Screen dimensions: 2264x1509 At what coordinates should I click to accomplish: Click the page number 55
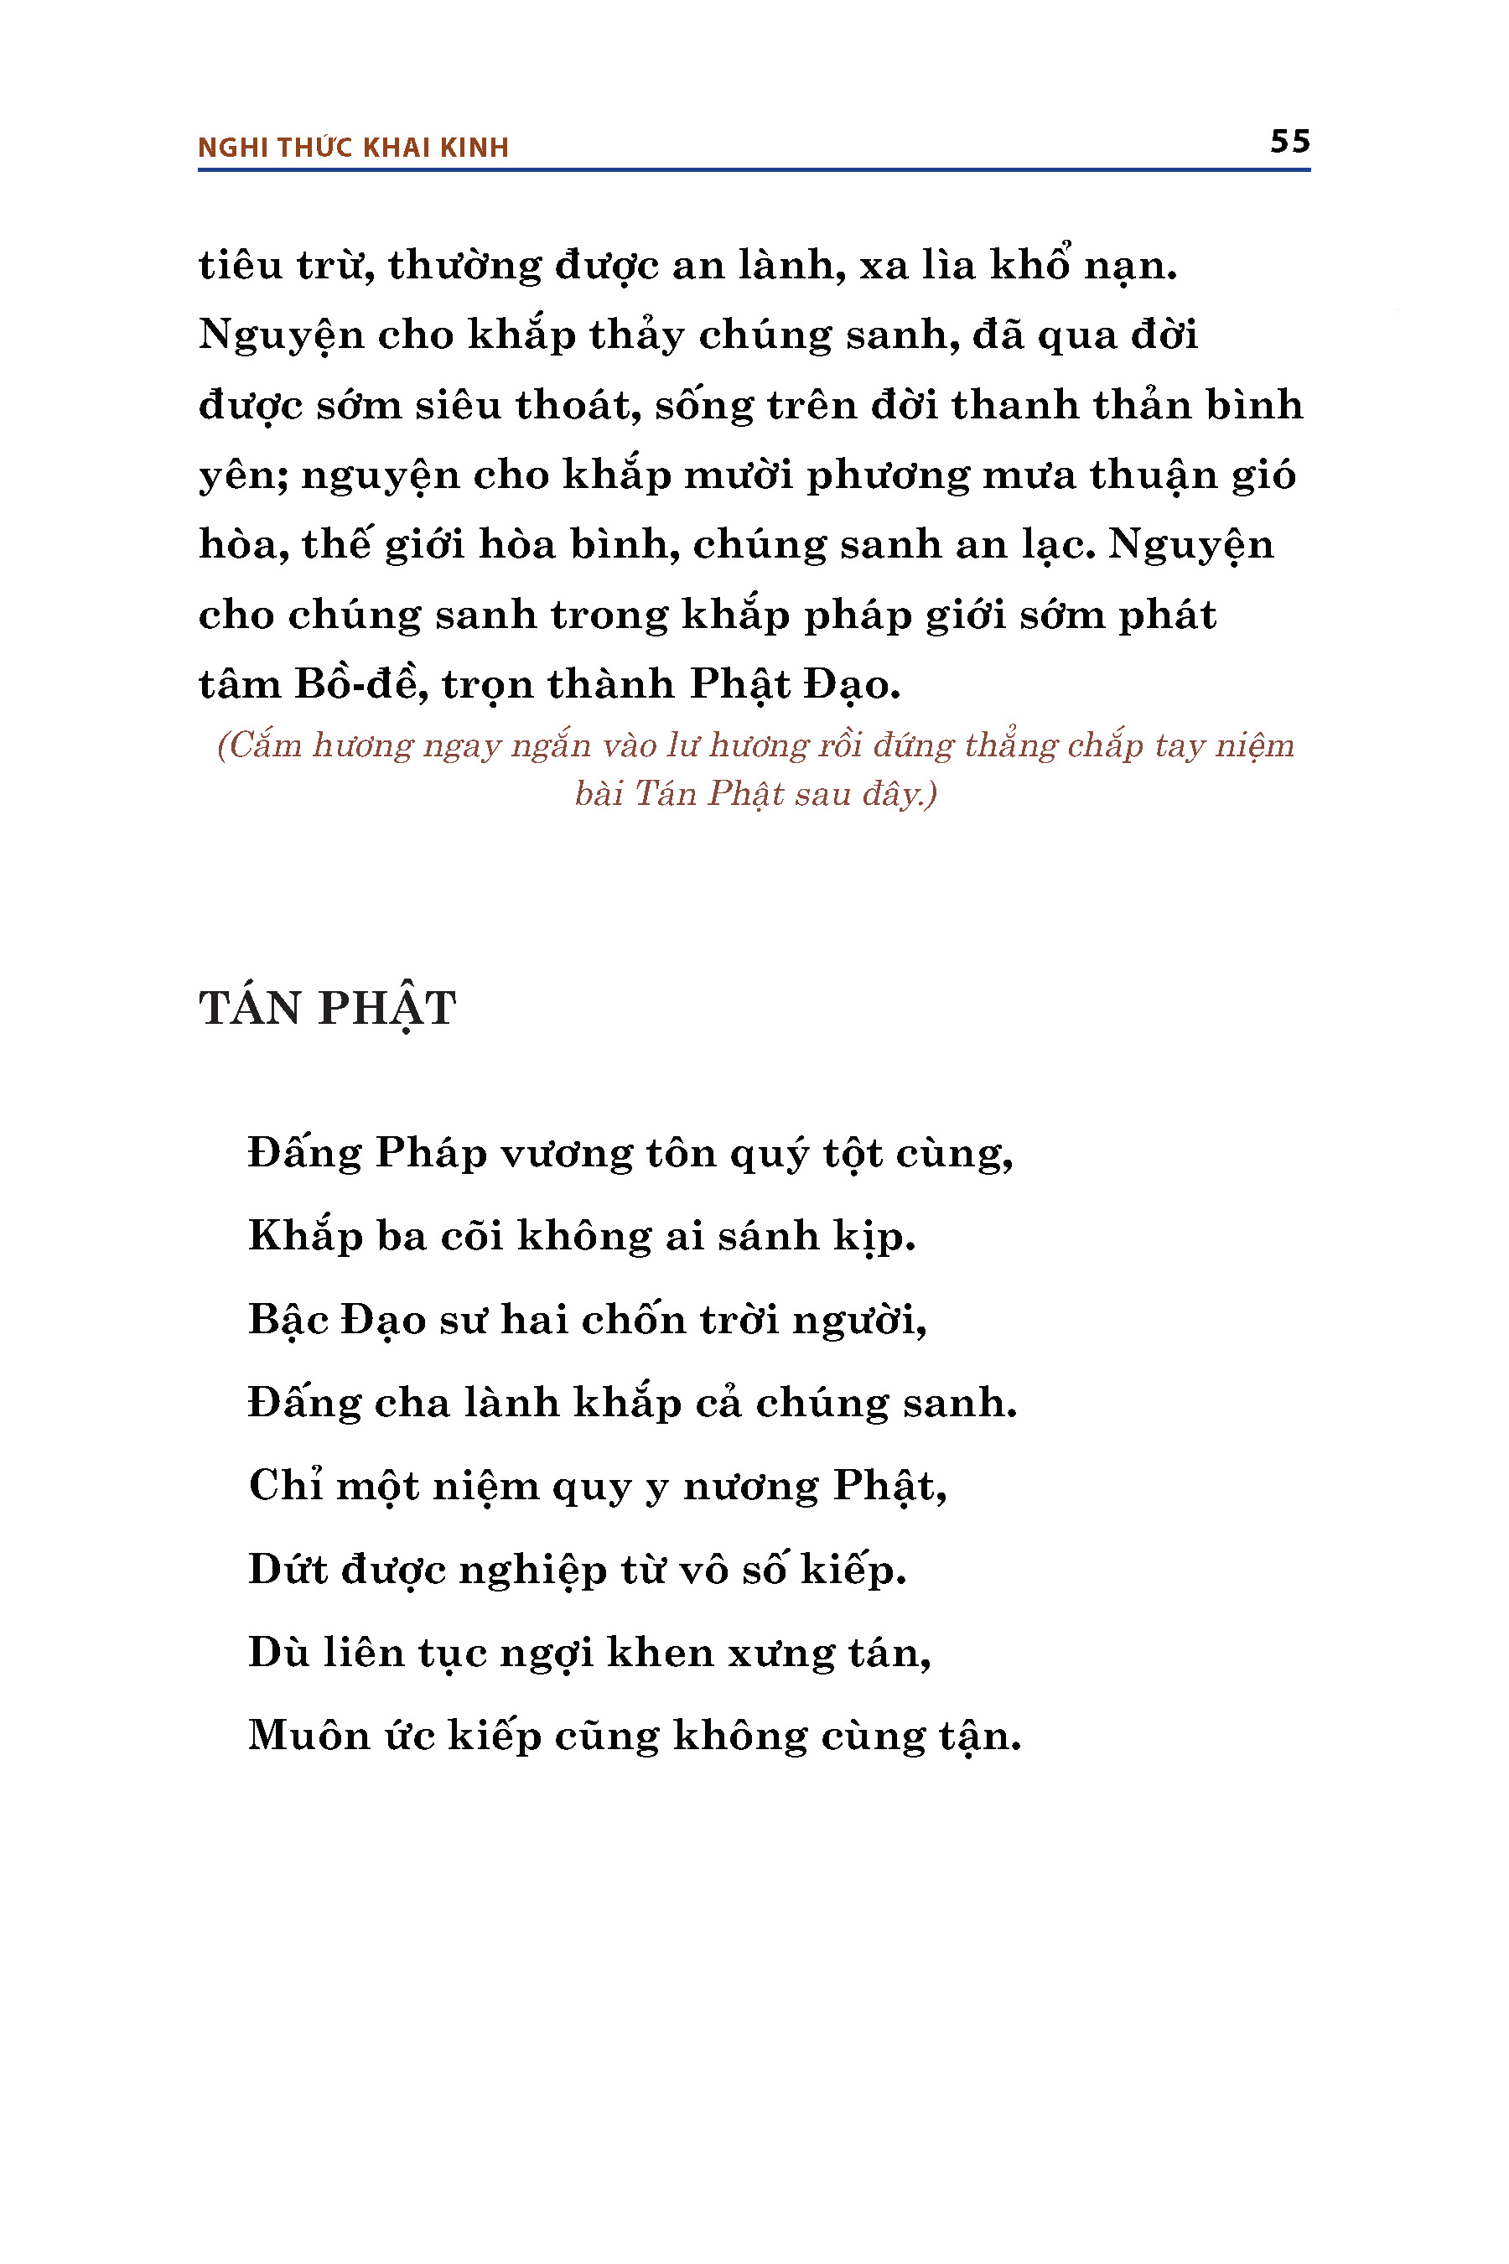(1289, 142)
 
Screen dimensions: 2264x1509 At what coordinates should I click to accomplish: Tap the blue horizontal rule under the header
(754, 169)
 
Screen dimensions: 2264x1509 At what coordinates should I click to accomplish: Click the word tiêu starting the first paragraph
(241, 265)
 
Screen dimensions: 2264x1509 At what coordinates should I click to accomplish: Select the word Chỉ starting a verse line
(286, 1485)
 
